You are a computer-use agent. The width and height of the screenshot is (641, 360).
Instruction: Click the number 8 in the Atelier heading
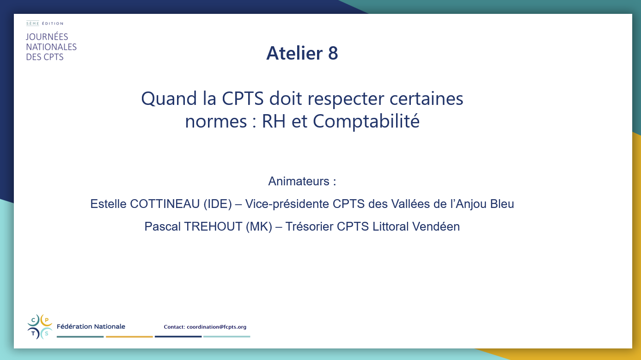click(x=333, y=53)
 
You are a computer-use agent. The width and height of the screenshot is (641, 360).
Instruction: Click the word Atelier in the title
click(x=294, y=53)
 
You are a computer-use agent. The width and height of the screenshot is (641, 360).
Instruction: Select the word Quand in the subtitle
click(x=169, y=99)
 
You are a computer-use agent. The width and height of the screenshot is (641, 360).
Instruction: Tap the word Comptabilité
click(x=366, y=122)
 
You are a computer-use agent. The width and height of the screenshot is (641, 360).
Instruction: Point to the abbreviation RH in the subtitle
click(x=274, y=122)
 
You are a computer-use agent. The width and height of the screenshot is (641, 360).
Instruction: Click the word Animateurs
click(x=299, y=181)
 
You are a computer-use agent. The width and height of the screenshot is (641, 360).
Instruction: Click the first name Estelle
click(x=108, y=204)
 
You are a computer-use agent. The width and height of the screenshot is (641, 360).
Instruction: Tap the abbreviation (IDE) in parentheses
click(x=218, y=204)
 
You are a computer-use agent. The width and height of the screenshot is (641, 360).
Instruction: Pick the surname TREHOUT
click(x=213, y=226)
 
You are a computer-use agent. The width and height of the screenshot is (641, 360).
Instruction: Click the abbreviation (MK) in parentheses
click(x=259, y=226)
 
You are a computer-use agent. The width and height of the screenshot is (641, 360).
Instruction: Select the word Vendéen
click(x=436, y=226)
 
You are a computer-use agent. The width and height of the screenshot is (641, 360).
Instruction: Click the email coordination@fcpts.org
click(x=217, y=327)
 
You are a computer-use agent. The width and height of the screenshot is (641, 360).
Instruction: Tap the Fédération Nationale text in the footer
click(x=91, y=327)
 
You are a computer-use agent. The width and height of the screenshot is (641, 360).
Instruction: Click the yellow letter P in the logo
click(x=47, y=320)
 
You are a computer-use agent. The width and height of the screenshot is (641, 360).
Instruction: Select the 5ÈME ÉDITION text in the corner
click(x=45, y=24)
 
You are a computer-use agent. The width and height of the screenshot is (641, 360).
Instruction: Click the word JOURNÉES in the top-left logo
click(x=47, y=37)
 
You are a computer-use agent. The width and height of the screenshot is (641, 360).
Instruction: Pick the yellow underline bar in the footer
click(x=129, y=337)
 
